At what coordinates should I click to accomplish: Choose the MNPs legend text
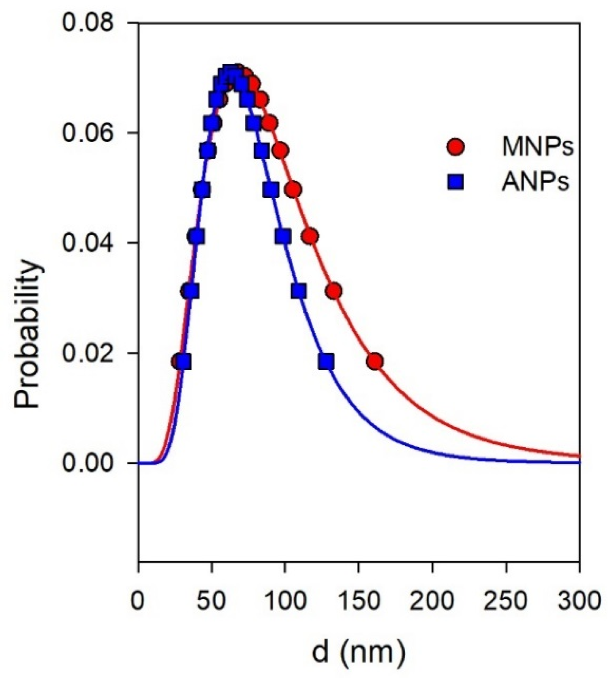[x=537, y=147]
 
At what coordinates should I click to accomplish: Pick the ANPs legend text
[x=535, y=182]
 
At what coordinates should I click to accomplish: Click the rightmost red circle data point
[x=375, y=362]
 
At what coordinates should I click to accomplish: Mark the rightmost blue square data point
[x=327, y=362]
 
